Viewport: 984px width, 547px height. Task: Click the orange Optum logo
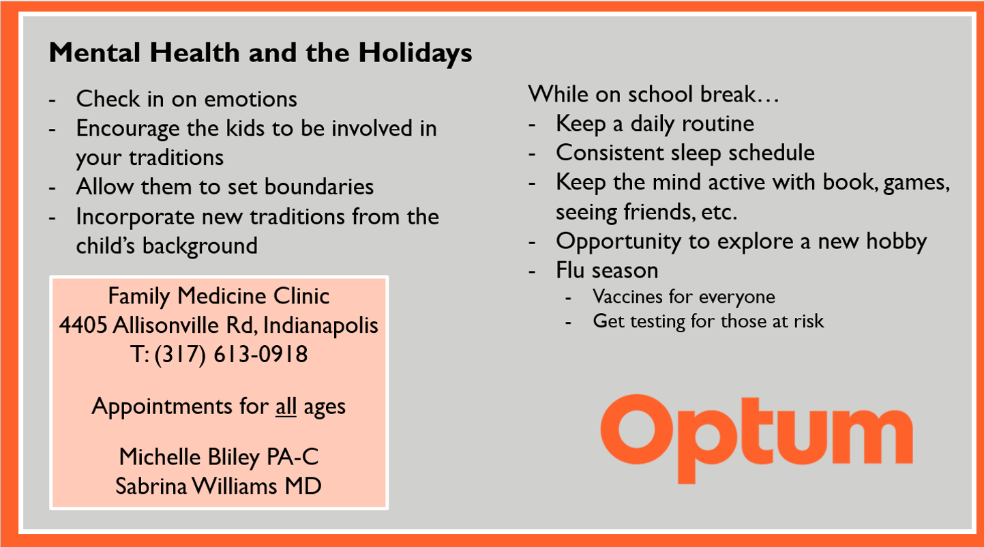click(x=756, y=438)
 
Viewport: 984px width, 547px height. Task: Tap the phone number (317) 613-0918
click(x=231, y=355)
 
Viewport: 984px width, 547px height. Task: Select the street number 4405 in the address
click(x=83, y=325)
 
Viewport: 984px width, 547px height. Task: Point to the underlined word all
click(x=286, y=406)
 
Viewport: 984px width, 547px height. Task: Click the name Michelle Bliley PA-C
click(x=219, y=457)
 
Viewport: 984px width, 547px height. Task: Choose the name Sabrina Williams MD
click(x=218, y=486)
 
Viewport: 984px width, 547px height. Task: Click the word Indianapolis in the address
click(x=320, y=325)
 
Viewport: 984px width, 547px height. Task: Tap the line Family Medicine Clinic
click(x=219, y=296)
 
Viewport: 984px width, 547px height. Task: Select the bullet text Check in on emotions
click(x=187, y=99)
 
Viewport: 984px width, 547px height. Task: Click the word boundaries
click(x=319, y=187)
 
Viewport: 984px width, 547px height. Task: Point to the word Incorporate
click(x=135, y=217)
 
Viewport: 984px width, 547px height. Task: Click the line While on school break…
click(x=654, y=94)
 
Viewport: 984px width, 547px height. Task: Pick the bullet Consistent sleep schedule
click(x=685, y=153)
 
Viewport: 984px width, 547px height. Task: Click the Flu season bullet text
click(x=607, y=270)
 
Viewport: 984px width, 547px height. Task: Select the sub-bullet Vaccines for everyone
click(x=684, y=297)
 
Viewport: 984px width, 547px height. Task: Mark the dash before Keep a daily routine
click(x=532, y=125)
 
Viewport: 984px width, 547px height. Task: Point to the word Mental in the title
click(x=95, y=53)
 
